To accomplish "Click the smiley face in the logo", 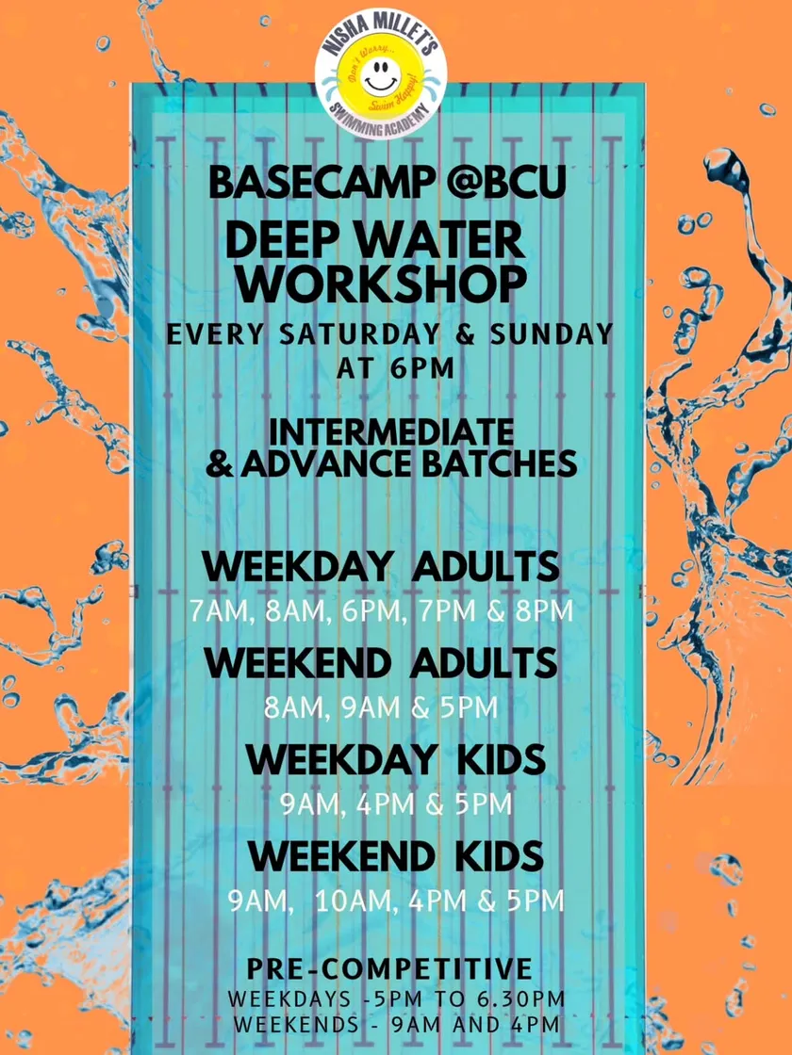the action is (381, 78).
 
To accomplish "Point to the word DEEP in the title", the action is (285, 241).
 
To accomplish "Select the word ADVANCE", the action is (327, 464).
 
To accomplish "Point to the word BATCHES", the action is (500, 464).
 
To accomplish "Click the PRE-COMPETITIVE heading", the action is (389, 969).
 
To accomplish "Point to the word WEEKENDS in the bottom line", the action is (297, 1025).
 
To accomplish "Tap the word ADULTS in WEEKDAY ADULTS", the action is (485, 566).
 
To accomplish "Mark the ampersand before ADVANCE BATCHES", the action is (220, 464).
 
